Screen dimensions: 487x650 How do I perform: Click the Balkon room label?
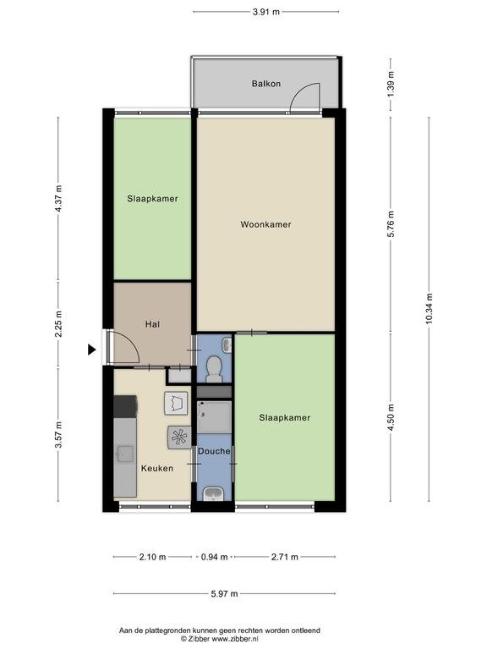tap(266, 84)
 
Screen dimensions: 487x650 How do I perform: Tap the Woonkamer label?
tap(265, 224)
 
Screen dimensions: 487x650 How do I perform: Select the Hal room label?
tap(152, 324)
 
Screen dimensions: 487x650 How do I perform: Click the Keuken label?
tap(157, 468)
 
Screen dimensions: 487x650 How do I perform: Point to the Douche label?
tap(214, 451)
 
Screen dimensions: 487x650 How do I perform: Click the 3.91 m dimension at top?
tap(266, 12)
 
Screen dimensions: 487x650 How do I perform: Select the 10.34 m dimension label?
tap(429, 308)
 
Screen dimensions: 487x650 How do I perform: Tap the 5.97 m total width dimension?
tap(224, 593)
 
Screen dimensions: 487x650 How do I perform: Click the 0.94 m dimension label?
tap(214, 557)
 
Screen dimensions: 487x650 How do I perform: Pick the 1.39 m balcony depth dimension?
tap(391, 85)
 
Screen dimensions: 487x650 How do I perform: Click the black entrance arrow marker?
tap(91, 350)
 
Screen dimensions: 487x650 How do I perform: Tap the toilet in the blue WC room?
tap(214, 369)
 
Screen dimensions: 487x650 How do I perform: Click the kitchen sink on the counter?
tap(124, 454)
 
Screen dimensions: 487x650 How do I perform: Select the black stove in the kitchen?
tap(125, 406)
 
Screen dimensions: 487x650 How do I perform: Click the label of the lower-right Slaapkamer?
tap(284, 418)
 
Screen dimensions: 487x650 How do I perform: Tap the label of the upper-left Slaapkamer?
tap(152, 199)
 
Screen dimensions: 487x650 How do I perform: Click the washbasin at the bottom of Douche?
tap(213, 494)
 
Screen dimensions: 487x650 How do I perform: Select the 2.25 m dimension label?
tap(58, 324)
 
